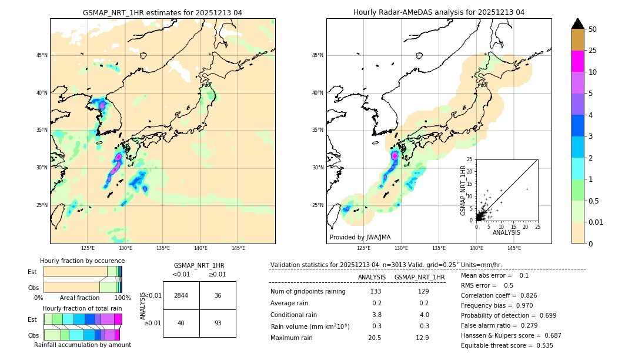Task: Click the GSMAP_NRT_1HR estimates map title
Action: tap(162, 12)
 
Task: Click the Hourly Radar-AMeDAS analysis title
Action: tap(439, 12)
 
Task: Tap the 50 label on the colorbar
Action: tap(593, 29)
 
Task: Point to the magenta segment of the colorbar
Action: tap(577, 61)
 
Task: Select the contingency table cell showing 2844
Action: tap(181, 295)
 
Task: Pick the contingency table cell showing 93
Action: tap(218, 323)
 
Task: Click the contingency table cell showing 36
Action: tap(218, 295)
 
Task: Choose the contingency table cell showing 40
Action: tap(181, 323)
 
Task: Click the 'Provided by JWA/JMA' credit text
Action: tap(360, 237)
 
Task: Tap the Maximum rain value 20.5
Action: tap(375, 338)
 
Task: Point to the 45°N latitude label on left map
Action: tap(42, 55)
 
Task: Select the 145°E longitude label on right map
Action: tap(514, 248)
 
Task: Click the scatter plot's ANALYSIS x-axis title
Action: tap(506, 232)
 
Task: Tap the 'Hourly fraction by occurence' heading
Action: tap(82, 261)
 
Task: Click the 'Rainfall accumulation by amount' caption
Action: tap(82, 345)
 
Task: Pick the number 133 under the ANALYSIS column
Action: tap(376, 291)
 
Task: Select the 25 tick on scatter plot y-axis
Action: tap(470, 159)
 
